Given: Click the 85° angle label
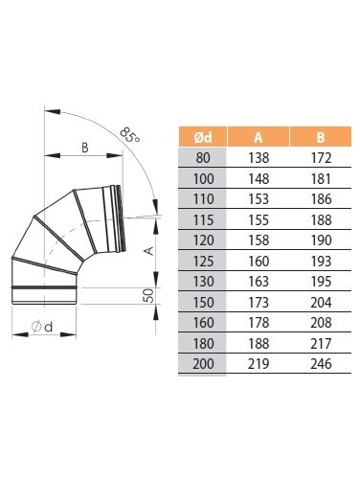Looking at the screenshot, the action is (x=130, y=135).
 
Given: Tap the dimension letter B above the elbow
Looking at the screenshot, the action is (x=84, y=148).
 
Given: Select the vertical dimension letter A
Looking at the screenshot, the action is (x=149, y=251).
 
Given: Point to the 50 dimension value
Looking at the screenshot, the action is (x=148, y=295).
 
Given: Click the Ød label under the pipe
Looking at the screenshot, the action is (x=42, y=327).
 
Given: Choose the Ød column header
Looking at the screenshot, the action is (x=203, y=137).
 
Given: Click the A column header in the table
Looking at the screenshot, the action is (x=259, y=137).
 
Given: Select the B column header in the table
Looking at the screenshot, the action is (x=321, y=137).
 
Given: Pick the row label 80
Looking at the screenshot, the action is (x=203, y=158).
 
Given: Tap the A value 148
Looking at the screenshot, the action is (x=259, y=178).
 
